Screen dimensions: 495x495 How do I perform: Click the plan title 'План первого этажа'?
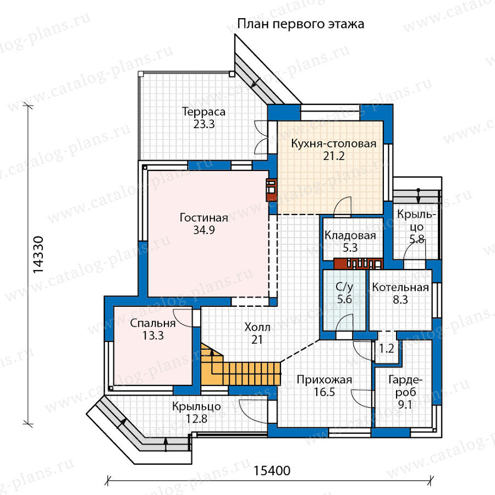(300, 24)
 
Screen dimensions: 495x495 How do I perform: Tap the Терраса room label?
(204, 112)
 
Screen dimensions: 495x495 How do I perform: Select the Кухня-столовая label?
(334, 144)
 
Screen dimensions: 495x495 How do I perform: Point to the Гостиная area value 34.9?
(204, 230)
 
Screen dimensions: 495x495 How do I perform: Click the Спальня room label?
(153, 323)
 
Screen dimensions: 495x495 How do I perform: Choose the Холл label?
(257, 327)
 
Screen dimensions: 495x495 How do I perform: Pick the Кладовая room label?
(350, 235)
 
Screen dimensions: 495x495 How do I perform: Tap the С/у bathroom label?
(344, 287)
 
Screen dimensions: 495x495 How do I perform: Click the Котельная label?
(400, 287)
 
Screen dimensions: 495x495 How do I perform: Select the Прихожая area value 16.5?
(324, 392)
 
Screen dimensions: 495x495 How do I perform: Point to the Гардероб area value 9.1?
(405, 404)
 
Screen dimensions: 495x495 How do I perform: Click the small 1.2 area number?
(387, 349)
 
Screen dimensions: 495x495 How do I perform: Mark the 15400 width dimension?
(272, 471)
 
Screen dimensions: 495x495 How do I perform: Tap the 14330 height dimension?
(38, 255)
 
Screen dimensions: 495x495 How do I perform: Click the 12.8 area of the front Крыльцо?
(196, 419)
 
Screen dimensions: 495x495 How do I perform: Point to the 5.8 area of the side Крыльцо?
(417, 239)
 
